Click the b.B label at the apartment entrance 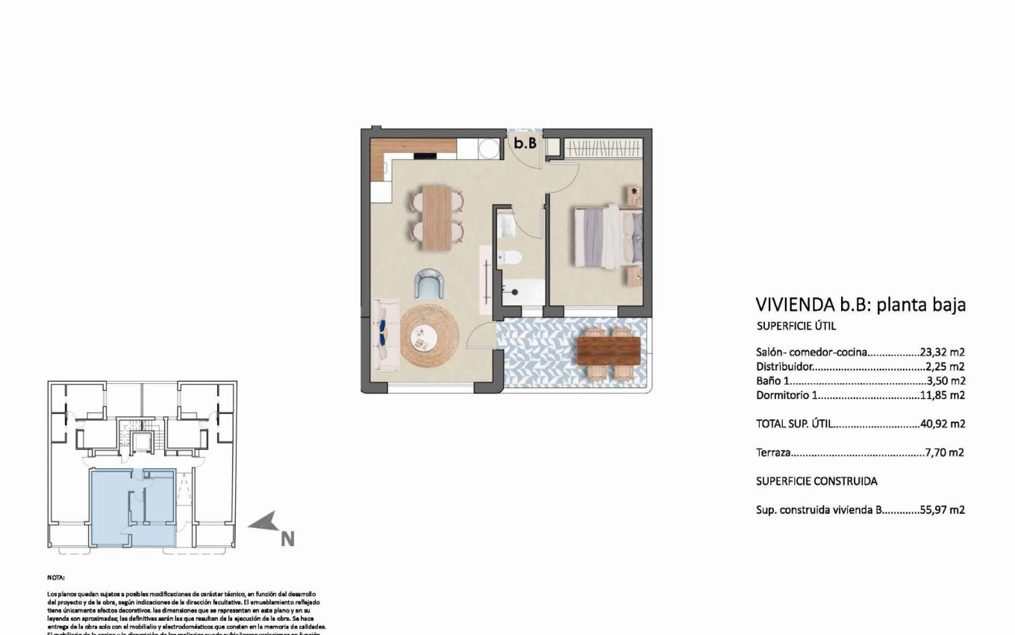[x=525, y=143]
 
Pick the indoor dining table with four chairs [x=437, y=217]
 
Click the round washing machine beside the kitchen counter [x=489, y=149]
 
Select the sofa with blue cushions [x=385, y=334]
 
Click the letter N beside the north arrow [x=287, y=539]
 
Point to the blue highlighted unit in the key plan [x=133, y=508]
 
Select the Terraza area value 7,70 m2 [x=945, y=453]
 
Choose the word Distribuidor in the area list [x=784, y=367]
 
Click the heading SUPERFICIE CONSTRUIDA [x=816, y=481]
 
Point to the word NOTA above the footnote [x=56, y=577]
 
